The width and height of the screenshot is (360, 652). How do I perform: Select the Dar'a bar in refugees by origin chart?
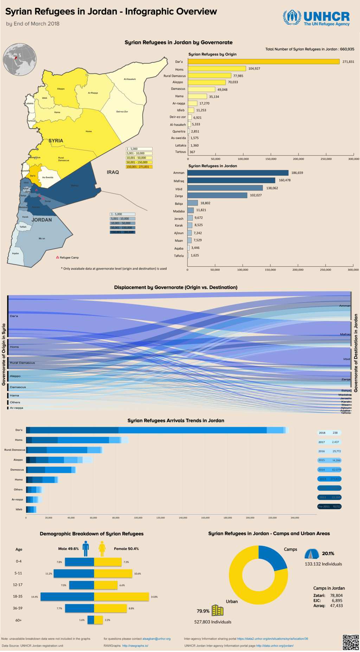click(x=264, y=62)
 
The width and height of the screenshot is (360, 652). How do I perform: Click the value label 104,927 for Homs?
click(x=254, y=69)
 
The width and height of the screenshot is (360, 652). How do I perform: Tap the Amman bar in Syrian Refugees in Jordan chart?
click(x=238, y=173)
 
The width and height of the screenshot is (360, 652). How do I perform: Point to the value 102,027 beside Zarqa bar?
click(x=256, y=195)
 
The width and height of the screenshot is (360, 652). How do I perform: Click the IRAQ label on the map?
click(x=113, y=172)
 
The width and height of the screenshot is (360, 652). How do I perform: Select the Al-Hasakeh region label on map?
click(x=129, y=79)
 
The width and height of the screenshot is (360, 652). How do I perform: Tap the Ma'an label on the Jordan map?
click(x=42, y=239)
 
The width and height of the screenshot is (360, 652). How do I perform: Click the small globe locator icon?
click(x=20, y=59)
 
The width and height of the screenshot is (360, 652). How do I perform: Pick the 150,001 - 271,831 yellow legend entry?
click(x=139, y=167)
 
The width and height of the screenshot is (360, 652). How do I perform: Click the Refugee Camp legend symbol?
click(x=58, y=257)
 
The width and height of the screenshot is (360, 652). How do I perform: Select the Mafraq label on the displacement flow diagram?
click(x=345, y=334)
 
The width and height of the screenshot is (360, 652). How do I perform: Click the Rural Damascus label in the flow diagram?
click(x=22, y=363)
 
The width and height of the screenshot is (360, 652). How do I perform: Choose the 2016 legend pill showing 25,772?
click(x=329, y=451)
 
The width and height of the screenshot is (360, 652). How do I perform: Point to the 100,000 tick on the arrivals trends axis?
click(x=138, y=518)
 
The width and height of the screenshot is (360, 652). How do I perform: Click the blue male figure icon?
click(x=86, y=548)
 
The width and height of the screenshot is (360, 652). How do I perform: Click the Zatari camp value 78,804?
click(x=336, y=595)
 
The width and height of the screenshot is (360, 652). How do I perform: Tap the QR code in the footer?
click(x=351, y=642)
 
